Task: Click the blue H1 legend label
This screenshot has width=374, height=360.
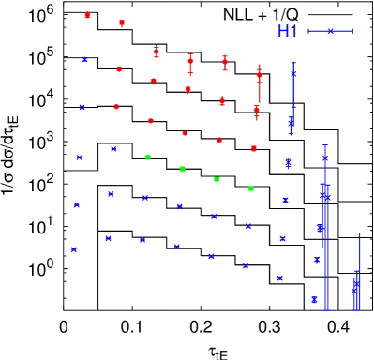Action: [x=288, y=31]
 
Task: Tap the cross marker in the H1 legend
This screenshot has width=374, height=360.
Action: [x=330, y=31]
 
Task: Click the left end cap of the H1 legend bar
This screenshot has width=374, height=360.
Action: [x=308, y=31]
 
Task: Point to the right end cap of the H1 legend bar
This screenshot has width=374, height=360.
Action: [x=352, y=31]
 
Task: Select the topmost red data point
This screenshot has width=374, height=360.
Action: [x=88, y=15]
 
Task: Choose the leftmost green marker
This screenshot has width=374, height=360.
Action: [x=148, y=157]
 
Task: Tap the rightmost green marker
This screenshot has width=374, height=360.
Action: [x=250, y=188]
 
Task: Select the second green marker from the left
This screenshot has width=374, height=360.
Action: [x=183, y=169]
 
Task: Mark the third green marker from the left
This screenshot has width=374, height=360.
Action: [x=217, y=179]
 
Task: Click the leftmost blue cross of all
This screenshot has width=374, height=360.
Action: [x=73, y=249]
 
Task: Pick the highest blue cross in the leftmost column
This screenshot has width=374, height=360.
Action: [x=84, y=59]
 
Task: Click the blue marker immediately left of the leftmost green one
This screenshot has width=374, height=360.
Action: [x=113, y=148]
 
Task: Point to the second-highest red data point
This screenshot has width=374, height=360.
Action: [x=122, y=22]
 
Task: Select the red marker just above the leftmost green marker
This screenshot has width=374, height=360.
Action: [x=150, y=120]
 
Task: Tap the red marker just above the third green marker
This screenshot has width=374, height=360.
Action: [x=219, y=140]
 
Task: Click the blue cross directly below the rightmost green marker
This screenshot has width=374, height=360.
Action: [x=248, y=226]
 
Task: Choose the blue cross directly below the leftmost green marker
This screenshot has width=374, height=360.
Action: [x=145, y=198]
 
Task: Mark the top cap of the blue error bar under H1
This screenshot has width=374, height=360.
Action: [x=293, y=63]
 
